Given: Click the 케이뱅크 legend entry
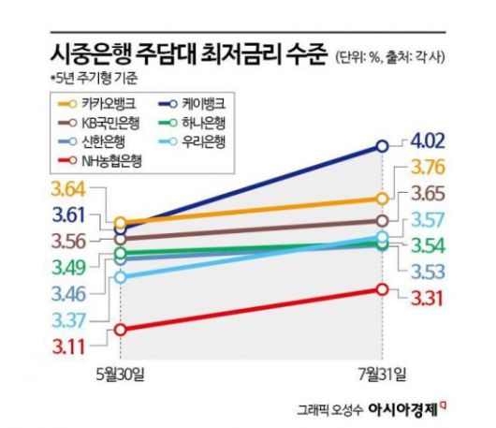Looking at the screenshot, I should click(x=212, y=103).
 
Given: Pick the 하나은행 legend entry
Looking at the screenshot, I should click(x=212, y=123).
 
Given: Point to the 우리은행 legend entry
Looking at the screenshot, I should click(x=212, y=142).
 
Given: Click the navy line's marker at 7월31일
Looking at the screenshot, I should click(x=382, y=145).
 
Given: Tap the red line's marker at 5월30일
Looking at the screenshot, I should click(x=120, y=329).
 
